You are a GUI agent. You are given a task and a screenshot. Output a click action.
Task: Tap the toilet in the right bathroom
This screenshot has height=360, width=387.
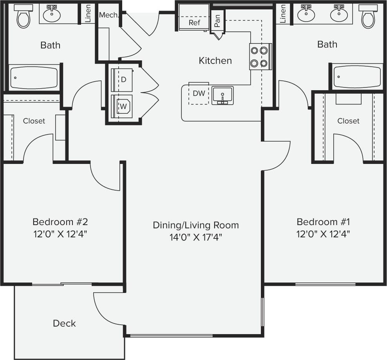[368, 16]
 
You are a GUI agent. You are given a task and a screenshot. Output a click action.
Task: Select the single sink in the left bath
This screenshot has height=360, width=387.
[51, 15]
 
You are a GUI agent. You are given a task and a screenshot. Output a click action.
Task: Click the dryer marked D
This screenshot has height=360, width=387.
[123, 79]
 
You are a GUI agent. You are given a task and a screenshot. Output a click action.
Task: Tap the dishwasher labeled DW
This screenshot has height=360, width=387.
[199, 94]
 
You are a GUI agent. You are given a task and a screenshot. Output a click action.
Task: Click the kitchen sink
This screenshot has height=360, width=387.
[222, 95]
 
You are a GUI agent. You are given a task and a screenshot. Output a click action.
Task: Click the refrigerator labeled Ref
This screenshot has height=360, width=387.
[194, 22]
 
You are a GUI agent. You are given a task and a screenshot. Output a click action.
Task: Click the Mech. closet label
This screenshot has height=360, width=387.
[109, 15]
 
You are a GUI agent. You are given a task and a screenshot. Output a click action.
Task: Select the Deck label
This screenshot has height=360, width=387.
[64, 324]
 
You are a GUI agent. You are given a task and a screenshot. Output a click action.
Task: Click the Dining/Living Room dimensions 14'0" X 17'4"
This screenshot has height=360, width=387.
[195, 237]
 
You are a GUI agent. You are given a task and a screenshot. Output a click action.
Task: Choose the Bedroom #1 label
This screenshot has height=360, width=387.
[323, 222]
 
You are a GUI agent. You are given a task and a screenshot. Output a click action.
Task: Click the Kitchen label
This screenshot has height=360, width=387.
[215, 61]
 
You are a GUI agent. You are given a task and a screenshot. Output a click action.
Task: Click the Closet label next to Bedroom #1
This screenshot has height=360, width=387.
[348, 121]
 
